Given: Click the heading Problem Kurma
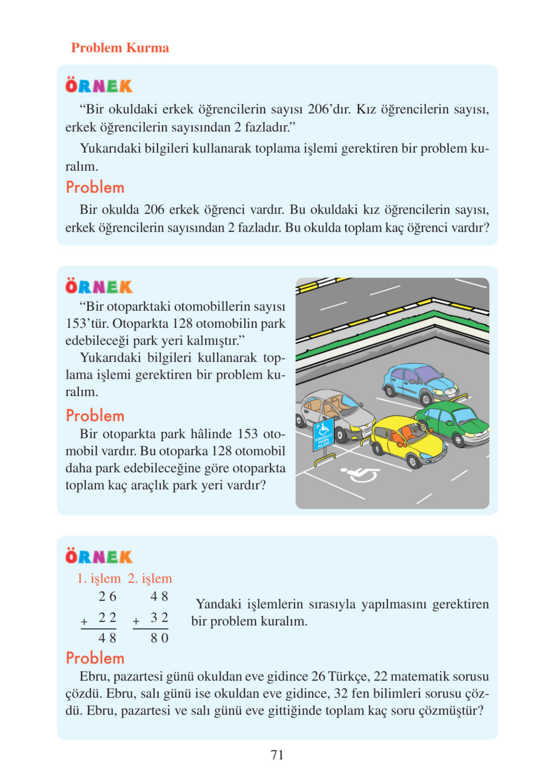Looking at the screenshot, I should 120,48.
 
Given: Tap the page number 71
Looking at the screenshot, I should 277,755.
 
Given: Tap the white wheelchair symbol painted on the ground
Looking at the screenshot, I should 361,474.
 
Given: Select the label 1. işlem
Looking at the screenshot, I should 99,578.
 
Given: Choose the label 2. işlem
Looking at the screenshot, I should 150,578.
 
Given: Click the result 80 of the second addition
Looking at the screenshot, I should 160,638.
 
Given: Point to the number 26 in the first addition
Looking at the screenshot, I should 107,596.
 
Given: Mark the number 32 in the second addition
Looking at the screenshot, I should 160,617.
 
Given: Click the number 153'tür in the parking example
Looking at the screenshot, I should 87,323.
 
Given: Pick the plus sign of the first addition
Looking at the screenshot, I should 84,621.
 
